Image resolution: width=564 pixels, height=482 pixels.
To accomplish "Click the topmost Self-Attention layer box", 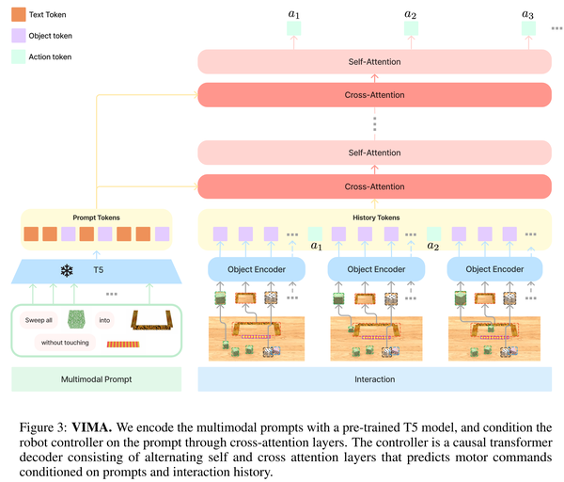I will [374, 62].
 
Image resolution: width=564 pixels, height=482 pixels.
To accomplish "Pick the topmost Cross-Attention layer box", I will [374, 95].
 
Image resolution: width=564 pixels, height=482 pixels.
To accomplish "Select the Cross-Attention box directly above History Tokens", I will [374, 186].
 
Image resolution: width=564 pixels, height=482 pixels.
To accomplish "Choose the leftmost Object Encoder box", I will [257, 269].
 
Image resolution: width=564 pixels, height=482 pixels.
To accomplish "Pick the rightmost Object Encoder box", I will [494, 269].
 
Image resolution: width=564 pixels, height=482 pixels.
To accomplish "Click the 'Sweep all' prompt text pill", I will [39, 320].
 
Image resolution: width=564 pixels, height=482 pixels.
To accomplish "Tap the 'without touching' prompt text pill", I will [65, 343].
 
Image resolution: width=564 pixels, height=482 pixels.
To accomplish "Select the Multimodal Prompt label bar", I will [97, 379].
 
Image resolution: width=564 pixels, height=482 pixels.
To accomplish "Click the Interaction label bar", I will [374, 379].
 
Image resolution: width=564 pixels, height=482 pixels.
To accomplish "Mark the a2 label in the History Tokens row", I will [433, 247].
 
